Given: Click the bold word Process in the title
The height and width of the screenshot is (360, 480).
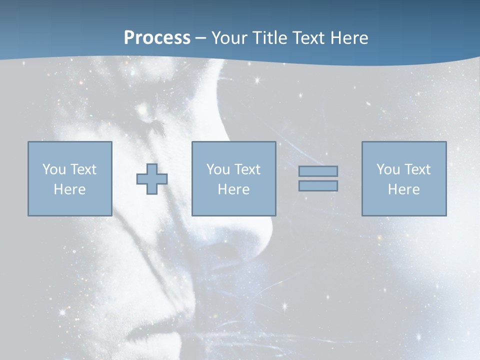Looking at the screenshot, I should (x=157, y=38).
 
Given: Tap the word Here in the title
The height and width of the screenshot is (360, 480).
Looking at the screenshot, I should (x=348, y=38).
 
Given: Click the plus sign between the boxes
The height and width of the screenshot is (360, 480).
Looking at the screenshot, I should (x=152, y=179).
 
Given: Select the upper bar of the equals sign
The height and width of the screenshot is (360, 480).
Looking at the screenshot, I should (x=318, y=171).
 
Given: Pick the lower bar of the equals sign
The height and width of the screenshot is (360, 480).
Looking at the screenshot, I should (x=318, y=185).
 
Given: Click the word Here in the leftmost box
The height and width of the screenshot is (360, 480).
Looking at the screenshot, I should (x=69, y=189).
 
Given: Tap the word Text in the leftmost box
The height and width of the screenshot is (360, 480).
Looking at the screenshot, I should (x=82, y=169).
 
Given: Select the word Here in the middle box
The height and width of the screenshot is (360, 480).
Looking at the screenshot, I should (x=233, y=189).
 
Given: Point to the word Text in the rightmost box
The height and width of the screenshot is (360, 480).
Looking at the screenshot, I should (x=416, y=169).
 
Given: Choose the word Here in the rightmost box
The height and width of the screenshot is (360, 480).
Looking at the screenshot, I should (x=403, y=189).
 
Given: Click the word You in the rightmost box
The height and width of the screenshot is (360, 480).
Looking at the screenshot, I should (x=388, y=169).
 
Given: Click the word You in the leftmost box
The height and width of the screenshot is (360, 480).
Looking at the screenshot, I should (x=54, y=169).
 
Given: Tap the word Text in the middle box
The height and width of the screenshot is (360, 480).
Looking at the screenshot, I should (x=247, y=169).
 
